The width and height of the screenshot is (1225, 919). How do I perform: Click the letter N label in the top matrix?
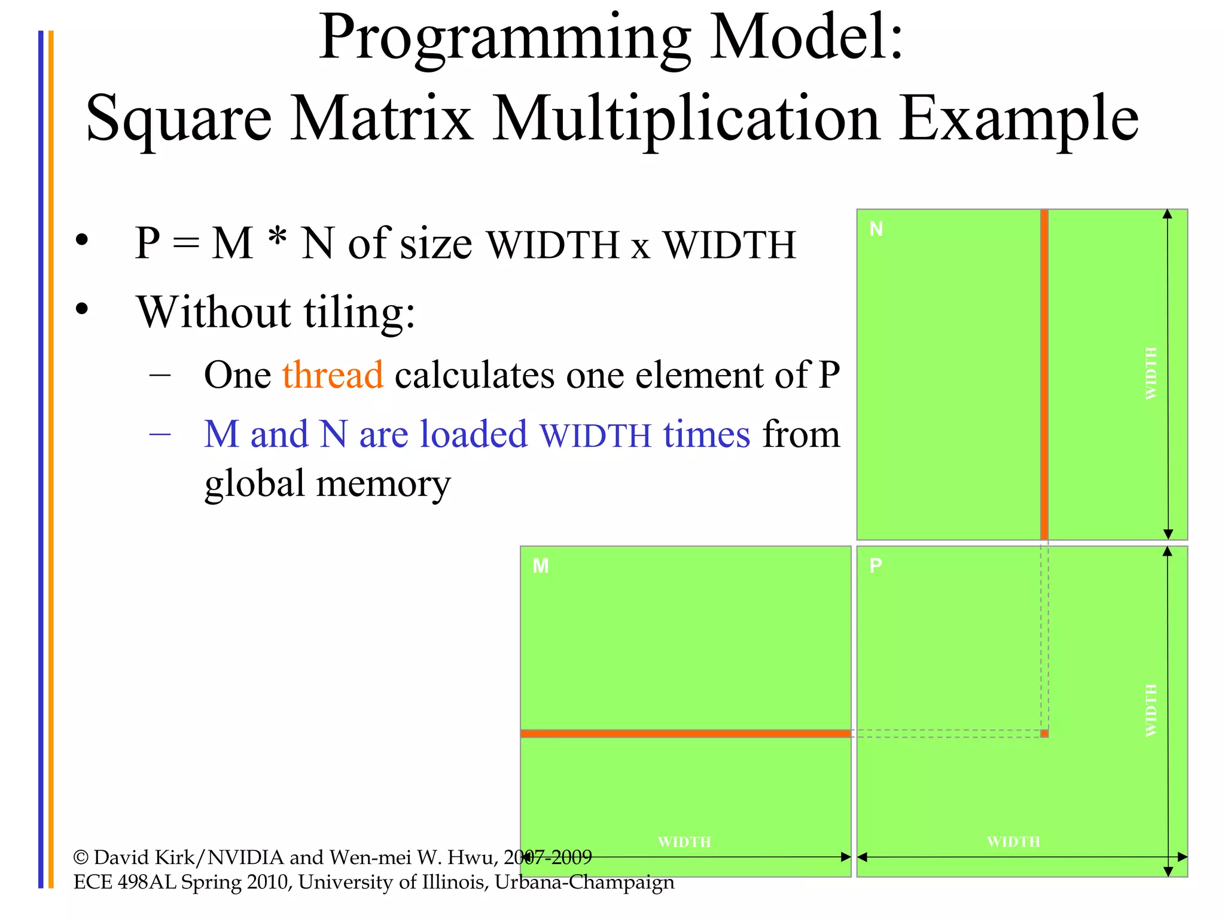[x=876, y=229]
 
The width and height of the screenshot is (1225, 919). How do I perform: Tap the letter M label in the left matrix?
[x=540, y=566]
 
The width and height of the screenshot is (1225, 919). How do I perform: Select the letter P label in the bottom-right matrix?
[x=875, y=565]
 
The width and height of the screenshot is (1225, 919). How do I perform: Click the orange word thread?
[x=333, y=375]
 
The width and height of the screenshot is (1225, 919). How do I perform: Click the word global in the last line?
[x=255, y=483]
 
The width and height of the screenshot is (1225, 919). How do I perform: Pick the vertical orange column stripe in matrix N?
[x=1044, y=374]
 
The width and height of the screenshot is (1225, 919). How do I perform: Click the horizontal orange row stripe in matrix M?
[x=685, y=734]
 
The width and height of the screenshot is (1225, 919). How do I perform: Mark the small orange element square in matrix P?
[x=1044, y=734]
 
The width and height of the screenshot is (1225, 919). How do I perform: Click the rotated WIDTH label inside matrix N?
[x=1151, y=373]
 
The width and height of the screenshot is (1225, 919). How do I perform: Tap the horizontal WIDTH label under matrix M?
[x=684, y=842]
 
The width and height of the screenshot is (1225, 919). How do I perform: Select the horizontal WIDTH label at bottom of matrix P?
[x=1013, y=842]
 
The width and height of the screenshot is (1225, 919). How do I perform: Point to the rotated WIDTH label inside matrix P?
[x=1151, y=710]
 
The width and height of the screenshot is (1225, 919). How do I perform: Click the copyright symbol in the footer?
[x=81, y=858]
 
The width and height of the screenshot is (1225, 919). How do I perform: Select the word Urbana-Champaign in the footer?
[x=584, y=883]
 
